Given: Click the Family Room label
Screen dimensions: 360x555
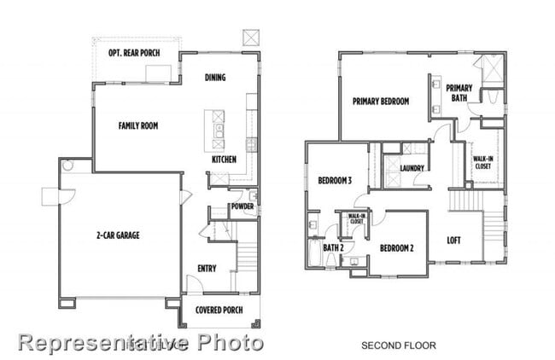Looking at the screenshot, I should [137, 125].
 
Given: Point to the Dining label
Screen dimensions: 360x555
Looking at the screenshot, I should [215, 78].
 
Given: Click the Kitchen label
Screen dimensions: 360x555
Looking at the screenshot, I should [224, 159].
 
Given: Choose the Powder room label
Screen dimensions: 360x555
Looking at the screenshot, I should [242, 206].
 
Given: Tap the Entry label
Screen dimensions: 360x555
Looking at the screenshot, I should [207, 268].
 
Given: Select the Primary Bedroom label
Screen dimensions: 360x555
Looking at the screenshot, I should [381, 101].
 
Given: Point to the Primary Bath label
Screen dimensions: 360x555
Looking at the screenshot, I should [459, 92].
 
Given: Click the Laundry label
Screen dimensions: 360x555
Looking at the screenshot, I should [412, 168].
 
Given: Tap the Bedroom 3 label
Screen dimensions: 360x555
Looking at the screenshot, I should [335, 180].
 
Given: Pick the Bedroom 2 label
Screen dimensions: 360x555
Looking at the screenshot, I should [396, 248].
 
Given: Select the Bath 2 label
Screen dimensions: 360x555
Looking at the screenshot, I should [333, 247].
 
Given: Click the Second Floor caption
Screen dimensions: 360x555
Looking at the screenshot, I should [399, 345].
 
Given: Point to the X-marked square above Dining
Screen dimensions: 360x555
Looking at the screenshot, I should [252, 38].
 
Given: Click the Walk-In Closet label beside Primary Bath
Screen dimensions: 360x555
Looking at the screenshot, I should [483, 161].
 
